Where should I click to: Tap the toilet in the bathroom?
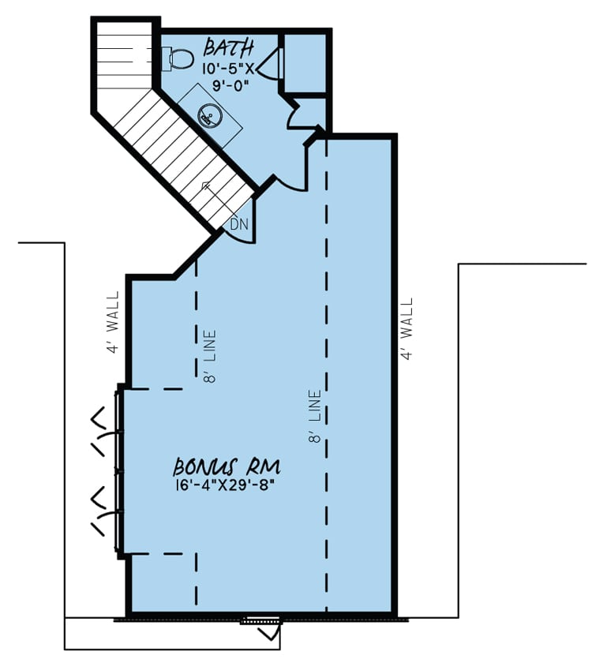click(x=181, y=58)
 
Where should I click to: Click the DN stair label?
click(x=239, y=224)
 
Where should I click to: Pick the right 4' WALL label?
click(x=407, y=328)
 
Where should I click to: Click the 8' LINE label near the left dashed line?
click(x=210, y=356)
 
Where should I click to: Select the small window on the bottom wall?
click(x=260, y=621)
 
